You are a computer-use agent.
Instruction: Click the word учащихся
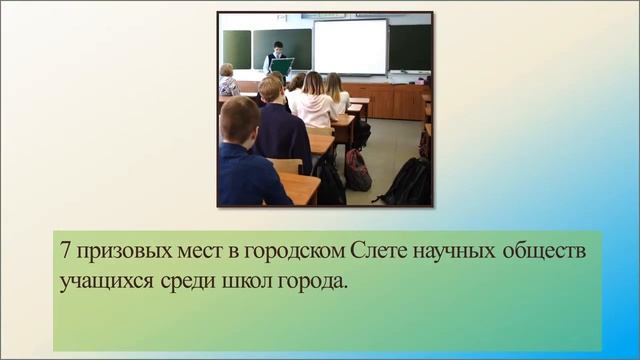[x=104, y=280]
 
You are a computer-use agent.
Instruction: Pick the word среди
[x=182, y=280]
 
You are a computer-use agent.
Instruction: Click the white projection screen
[x=349, y=46]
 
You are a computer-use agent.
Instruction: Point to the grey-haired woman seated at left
[x=228, y=80]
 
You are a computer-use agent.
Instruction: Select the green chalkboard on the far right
[x=410, y=46]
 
